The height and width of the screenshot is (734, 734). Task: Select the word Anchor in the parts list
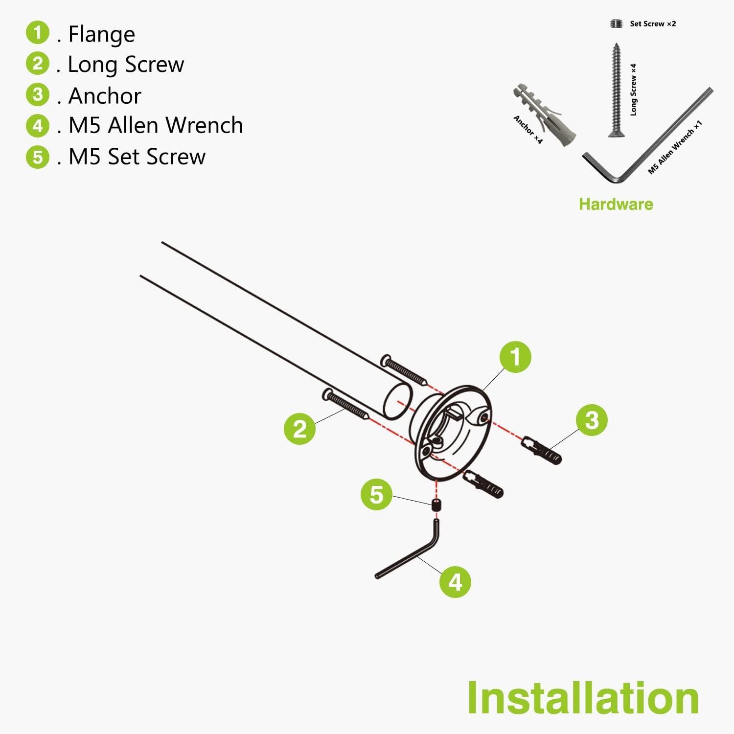coord(105,95)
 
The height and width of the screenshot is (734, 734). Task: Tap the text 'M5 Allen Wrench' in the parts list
coord(156,125)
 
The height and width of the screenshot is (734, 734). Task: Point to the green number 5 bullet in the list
coord(38,157)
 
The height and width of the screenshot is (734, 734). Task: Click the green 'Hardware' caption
coord(616,204)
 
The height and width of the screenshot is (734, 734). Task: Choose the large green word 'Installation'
coord(583,698)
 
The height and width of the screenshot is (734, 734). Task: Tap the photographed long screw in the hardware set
coord(615,90)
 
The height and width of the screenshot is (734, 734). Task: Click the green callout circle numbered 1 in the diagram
coord(515,357)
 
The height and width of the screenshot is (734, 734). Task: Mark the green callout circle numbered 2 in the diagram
coord(299,429)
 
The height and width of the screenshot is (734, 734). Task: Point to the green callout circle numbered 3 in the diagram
coord(592,420)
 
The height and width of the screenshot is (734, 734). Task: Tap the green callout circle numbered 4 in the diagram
coord(455,582)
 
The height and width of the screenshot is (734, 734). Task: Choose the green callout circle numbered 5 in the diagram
coord(376,494)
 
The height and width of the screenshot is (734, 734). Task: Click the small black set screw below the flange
coord(436,505)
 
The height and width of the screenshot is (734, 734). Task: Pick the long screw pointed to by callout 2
coord(345,404)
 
